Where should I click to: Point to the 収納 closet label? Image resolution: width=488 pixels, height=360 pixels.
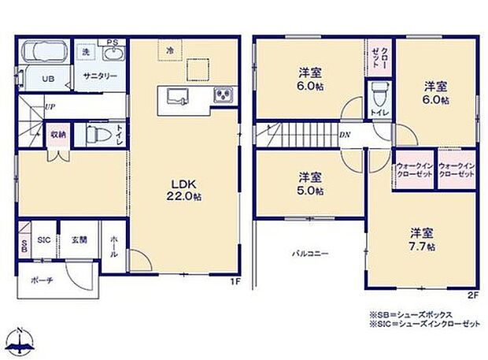click(58, 134)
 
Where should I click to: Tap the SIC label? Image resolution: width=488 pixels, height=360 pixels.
click(45, 240)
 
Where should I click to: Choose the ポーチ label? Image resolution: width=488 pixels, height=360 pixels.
click(41, 281)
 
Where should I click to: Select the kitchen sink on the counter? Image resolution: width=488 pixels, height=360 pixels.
click(176, 96)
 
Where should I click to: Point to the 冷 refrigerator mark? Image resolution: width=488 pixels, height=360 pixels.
click(169, 50)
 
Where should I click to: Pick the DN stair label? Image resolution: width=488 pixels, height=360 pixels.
click(344, 135)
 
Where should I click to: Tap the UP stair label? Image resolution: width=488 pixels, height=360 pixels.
click(50, 106)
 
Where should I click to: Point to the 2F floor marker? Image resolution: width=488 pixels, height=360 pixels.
click(472, 295)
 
